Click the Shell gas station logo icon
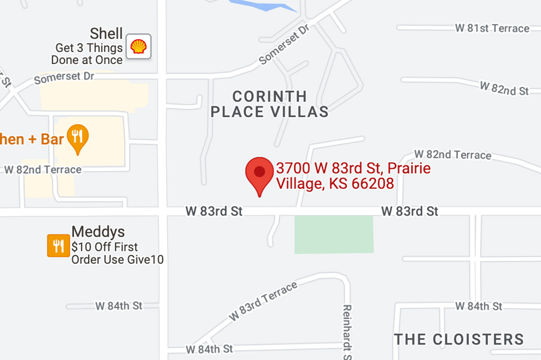[139, 47]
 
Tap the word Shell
[106, 34]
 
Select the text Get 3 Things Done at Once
[87, 54]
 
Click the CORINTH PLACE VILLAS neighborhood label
[269, 104]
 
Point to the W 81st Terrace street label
[492, 28]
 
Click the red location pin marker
[259, 173]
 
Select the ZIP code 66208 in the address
[373, 184]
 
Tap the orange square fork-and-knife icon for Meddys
[59, 246]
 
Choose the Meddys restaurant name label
[98, 232]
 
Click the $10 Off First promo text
[104, 247]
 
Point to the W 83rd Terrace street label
[263, 301]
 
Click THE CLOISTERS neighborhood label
[458, 339]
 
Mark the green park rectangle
[334, 234]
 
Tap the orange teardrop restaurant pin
[77, 138]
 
